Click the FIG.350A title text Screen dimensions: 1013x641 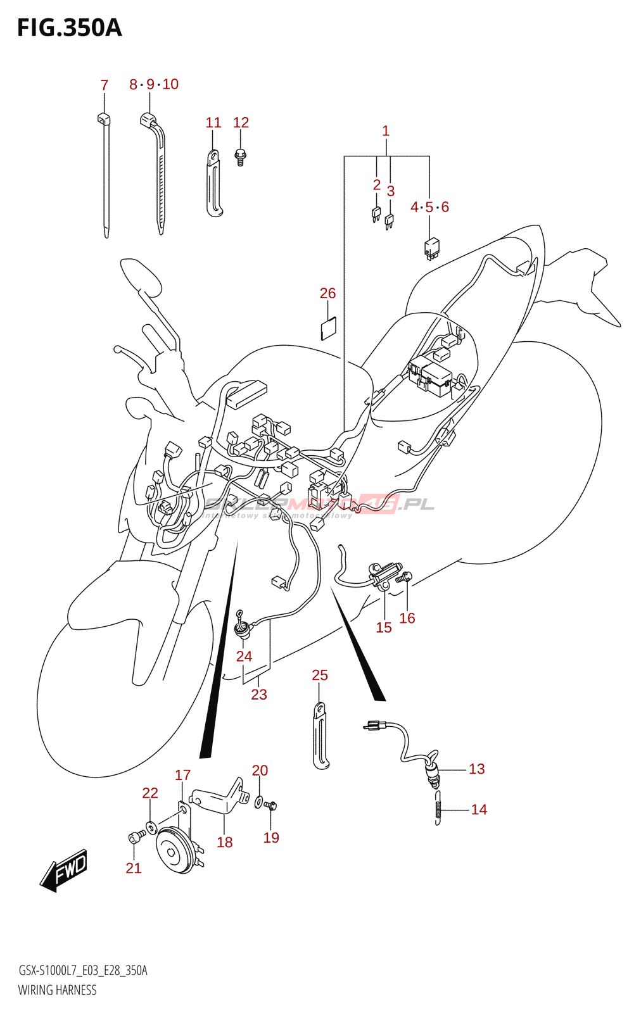[x=69, y=28]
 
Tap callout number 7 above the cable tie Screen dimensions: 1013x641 [x=105, y=85]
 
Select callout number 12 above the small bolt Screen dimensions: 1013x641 [x=241, y=123]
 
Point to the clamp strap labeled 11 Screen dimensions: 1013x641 [x=213, y=184]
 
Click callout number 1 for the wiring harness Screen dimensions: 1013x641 [x=386, y=131]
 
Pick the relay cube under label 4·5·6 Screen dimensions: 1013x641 [x=432, y=248]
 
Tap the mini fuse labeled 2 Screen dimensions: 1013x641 [x=376, y=215]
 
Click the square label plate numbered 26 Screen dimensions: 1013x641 [x=328, y=328]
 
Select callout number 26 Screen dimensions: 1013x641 [x=327, y=293]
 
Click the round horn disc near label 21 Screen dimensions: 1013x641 [x=174, y=851]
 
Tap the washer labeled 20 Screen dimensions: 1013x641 [x=259, y=802]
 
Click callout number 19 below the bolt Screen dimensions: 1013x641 [x=271, y=838]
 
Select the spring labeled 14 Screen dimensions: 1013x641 [x=438, y=809]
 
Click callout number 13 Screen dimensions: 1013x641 [x=476, y=769]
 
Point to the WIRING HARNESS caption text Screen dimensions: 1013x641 [x=57, y=990]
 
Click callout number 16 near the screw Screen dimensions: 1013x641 [x=407, y=618]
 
